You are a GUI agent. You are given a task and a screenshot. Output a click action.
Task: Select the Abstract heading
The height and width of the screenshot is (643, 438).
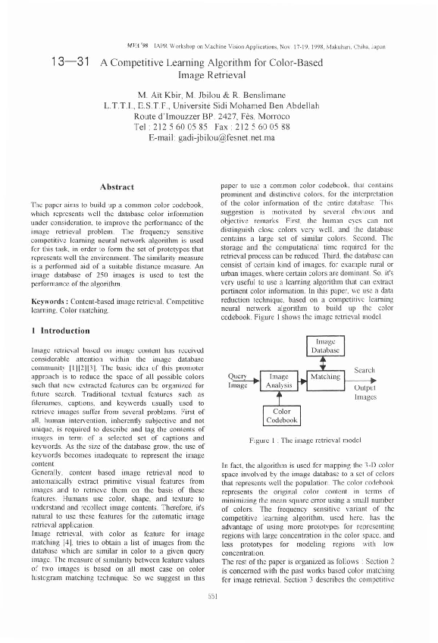click(117, 186)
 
